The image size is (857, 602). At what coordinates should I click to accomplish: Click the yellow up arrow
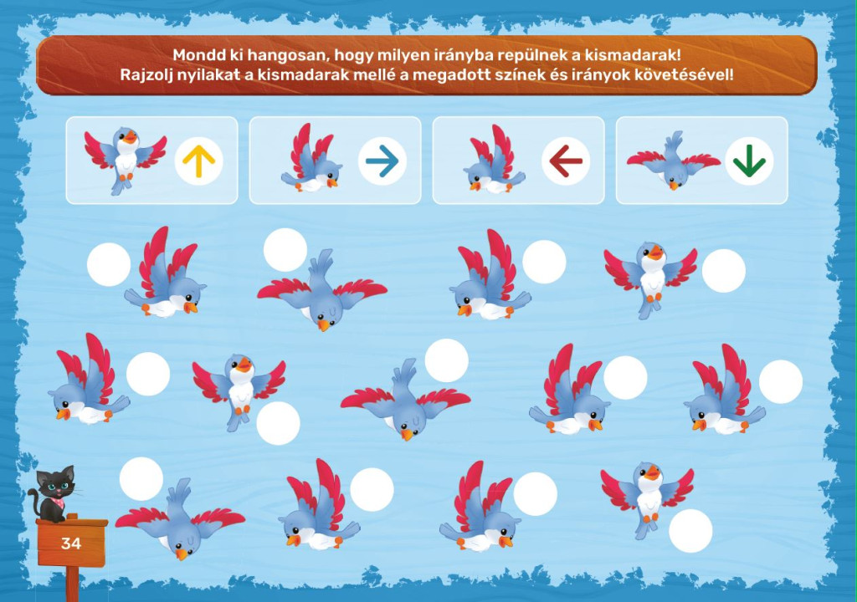pos(199,161)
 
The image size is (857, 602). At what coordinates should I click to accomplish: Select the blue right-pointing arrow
pos(382,161)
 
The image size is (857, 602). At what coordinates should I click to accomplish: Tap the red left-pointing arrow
pos(565,161)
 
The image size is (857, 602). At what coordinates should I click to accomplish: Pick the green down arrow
pos(749,161)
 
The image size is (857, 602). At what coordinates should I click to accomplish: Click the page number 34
pos(71,543)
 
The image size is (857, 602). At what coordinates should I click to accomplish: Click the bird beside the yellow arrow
pos(126,160)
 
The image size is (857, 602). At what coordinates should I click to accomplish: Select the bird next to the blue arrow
pos(311,158)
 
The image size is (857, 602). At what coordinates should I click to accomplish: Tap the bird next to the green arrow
pos(674,160)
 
